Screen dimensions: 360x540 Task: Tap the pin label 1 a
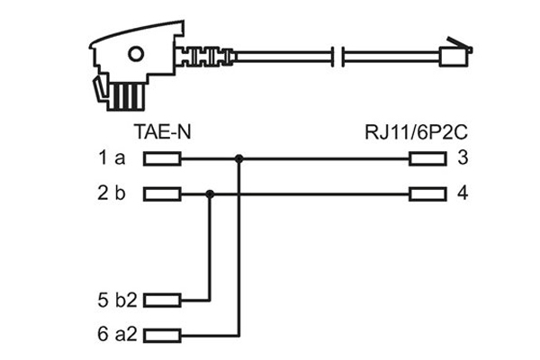click(x=112, y=160)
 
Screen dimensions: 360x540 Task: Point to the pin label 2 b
click(x=112, y=193)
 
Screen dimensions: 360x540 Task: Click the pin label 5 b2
click(x=116, y=300)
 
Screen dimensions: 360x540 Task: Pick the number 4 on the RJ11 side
click(x=463, y=193)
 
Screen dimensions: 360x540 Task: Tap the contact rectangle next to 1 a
click(x=163, y=160)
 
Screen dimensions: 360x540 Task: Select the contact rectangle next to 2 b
click(x=163, y=193)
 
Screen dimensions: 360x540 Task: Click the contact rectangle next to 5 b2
click(x=163, y=300)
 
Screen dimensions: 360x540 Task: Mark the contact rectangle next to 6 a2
click(x=163, y=332)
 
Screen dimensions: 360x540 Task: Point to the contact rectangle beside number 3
click(x=427, y=160)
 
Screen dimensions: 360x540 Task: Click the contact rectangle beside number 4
click(x=427, y=193)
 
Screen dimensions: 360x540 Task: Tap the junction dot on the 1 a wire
click(x=238, y=160)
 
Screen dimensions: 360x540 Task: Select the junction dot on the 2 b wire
click(x=210, y=193)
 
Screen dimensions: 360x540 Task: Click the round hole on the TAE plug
click(x=134, y=51)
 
